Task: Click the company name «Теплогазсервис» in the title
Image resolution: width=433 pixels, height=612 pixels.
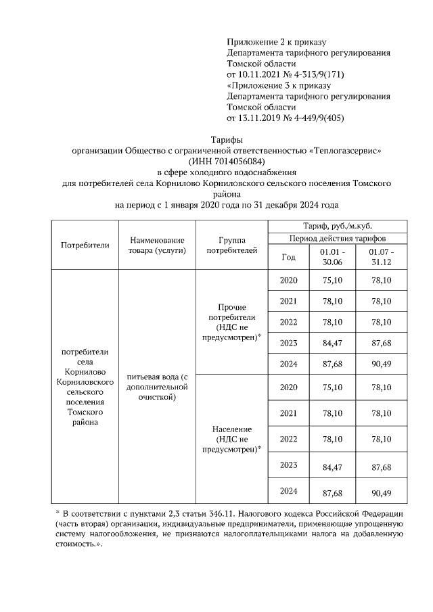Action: point(349,150)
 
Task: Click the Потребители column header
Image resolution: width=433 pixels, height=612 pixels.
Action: point(85,245)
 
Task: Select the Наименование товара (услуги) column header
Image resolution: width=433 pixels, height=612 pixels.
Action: point(156,245)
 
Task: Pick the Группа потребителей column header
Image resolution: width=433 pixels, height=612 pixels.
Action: point(231,245)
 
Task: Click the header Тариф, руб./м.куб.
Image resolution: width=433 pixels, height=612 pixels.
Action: point(338,226)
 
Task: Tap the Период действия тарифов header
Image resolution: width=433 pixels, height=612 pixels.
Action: point(338,239)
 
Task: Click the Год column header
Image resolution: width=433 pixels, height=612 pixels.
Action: point(288,257)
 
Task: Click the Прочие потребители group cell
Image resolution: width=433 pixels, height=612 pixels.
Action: point(231,322)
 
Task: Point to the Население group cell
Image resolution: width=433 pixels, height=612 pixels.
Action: point(231,439)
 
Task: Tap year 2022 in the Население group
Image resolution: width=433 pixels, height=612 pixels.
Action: point(288,439)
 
